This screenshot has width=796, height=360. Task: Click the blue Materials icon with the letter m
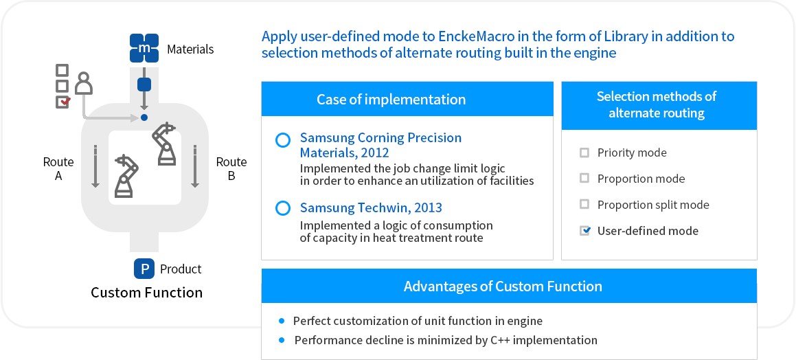click(x=144, y=48)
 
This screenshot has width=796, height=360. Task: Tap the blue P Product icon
click(x=144, y=269)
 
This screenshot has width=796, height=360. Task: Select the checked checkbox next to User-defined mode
click(x=585, y=231)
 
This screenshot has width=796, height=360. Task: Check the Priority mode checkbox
click(x=585, y=153)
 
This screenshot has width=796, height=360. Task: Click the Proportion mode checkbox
click(x=585, y=178)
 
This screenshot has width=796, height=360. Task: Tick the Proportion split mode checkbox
click(x=585, y=205)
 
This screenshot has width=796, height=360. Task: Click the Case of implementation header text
click(x=391, y=100)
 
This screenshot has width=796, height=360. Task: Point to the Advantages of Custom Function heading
click(x=503, y=286)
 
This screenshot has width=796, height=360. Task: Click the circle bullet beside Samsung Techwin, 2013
click(x=282, y=208)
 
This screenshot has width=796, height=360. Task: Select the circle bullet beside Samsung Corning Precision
click(x=282, y=140)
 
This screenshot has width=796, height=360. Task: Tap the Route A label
click(x=58, y=169)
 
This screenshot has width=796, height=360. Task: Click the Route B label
click(x=231, y=169)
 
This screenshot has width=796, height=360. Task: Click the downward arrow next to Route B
click(x=194, y=166)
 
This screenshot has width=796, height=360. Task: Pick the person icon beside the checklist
click(x=84, y=84)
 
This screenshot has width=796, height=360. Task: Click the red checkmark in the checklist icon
click(x=65, y=102)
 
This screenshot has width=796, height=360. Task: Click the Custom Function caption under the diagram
click(x=147, y=293)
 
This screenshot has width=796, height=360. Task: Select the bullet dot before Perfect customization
click(x=282, y=321)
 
